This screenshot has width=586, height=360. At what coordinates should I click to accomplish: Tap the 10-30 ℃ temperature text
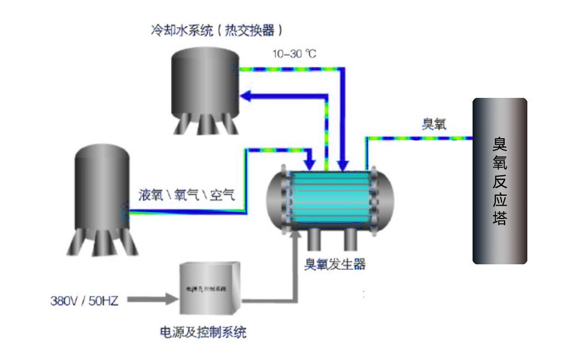[x=294, y=54]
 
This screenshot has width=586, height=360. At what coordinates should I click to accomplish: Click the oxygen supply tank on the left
[x=102, y=194]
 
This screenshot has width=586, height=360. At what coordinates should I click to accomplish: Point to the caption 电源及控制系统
[x=203, y=332]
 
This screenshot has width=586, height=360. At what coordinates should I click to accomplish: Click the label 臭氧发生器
[x=335, y=264]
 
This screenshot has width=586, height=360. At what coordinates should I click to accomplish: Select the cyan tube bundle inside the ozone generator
[x=330, y=197]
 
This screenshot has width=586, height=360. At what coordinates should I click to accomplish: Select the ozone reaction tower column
[x=500, y=180]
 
